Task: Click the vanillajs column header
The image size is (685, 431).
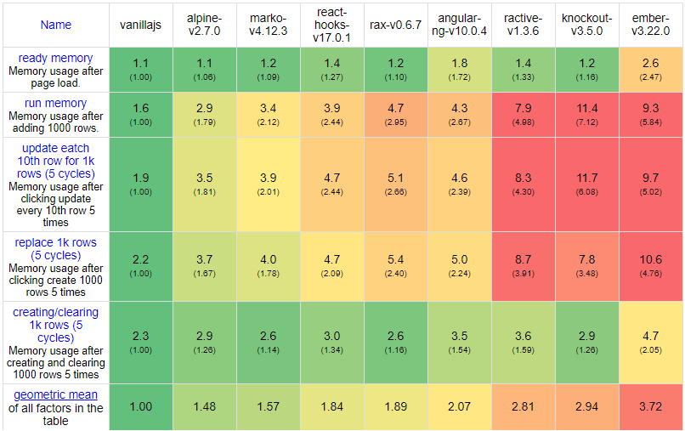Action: [141, 25]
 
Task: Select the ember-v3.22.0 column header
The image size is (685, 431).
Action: [650, 25]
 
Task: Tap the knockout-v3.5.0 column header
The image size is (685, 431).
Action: [586, 25]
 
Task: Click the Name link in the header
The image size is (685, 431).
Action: [56, 25]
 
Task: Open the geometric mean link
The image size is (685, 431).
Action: [56, 394]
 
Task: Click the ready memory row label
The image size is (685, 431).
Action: [56, 58]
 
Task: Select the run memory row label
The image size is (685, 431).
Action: [56, 103]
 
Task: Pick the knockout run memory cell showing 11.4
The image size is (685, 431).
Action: [586, 114]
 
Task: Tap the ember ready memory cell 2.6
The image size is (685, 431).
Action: [650, 69]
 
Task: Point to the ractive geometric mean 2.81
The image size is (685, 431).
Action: [523, 407]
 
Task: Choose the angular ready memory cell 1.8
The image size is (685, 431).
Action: [459, 69]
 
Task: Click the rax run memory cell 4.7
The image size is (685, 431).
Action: [395, 114]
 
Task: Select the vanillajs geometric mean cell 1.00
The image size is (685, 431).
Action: [141, 407]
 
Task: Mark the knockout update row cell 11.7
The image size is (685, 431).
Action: [586, 183]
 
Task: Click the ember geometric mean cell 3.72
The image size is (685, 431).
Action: [650, 407]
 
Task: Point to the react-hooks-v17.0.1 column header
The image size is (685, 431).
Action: [331, 25]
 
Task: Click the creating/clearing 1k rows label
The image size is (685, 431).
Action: [56, 324]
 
